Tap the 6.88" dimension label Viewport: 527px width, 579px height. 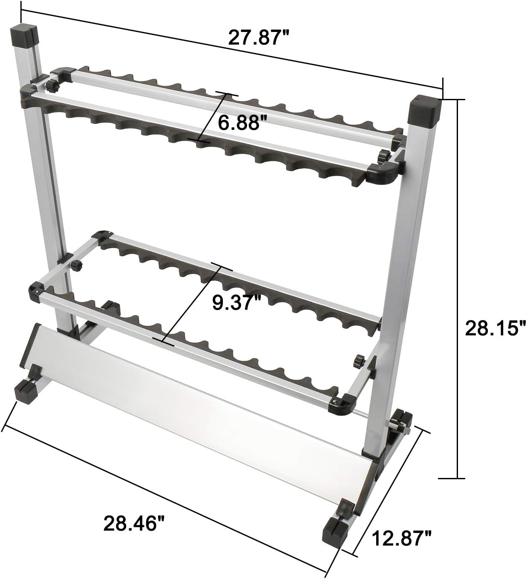(239, 123)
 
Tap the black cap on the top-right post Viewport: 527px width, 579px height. (424, 109)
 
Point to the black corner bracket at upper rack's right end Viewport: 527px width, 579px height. (385, 173)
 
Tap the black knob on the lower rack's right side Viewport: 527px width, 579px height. (358, 361)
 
